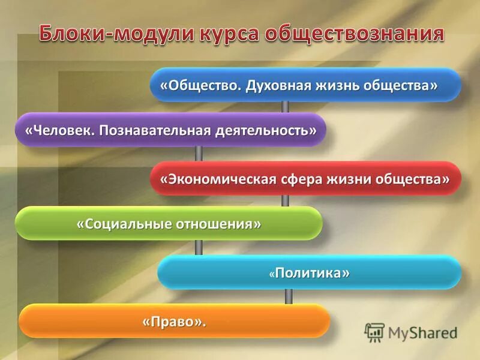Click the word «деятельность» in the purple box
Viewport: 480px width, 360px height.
[265, 130]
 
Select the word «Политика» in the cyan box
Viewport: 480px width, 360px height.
[312, 273]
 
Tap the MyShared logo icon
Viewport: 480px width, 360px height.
[374, 332]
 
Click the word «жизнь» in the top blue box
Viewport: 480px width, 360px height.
[335, 85]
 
